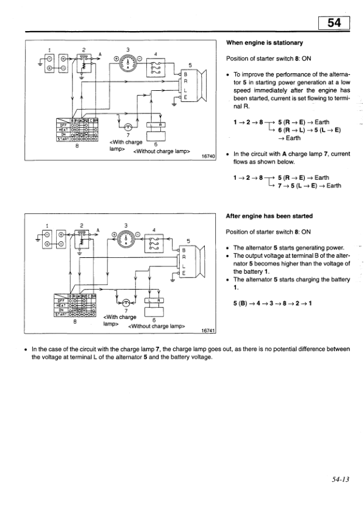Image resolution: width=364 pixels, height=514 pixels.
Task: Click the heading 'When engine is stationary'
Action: (265, 43)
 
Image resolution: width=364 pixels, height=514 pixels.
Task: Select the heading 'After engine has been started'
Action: (269, 216)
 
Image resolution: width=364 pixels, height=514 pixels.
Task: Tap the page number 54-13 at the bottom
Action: (337, 479)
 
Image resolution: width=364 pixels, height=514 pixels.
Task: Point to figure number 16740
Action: (208, 156)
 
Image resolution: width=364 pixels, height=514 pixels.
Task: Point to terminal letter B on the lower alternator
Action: (184, 250)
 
